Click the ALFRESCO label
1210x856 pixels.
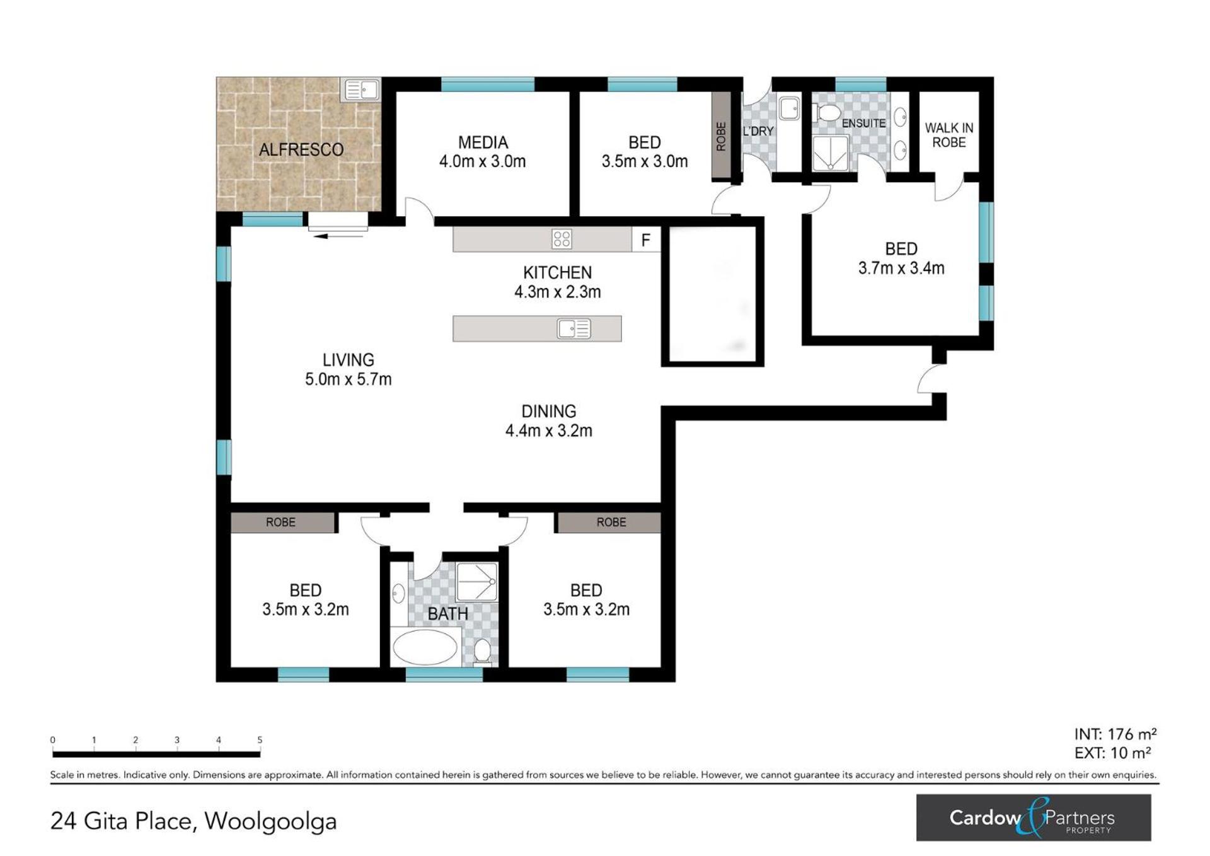point(301,149)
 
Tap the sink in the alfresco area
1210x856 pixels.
point(361,90)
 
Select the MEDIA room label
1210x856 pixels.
point(483,142)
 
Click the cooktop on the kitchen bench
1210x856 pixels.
point(562,239)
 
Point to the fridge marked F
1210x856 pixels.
point(646,240)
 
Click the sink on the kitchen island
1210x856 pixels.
point(574,328)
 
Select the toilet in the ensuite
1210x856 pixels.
point(827,113)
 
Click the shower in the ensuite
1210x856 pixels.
point(831,154)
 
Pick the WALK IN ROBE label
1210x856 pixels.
point(948,136)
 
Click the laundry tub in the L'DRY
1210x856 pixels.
point(790,108)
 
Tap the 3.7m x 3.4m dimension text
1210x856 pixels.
point(901,269)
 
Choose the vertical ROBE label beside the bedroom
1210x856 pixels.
point(721,136)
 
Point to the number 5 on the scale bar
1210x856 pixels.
point(260,740)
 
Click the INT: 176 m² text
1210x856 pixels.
point(1115,734)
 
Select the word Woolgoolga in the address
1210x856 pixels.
point(270,821)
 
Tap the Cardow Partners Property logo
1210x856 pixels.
point(1034,818)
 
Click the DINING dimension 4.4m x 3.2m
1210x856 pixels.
point(549,431)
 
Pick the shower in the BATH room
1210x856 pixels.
point(477,582)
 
